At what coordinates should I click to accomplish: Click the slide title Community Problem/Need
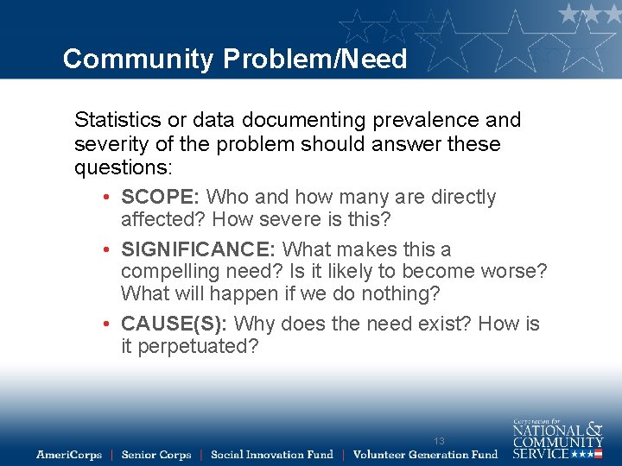coord(234,59)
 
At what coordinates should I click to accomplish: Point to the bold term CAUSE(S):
coord(174,324)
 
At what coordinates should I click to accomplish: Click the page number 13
coord(439,441)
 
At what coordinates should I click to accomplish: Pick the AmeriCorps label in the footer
coord(69,455)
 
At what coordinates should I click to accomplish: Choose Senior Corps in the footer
coord(156,455)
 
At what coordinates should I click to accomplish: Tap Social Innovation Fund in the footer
coord(271,455)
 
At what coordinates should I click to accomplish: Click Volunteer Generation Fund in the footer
coord(425,455)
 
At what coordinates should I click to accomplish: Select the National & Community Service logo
coord(557,439)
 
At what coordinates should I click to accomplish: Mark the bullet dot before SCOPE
coord(105,198)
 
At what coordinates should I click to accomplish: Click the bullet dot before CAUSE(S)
coord(105,325)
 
